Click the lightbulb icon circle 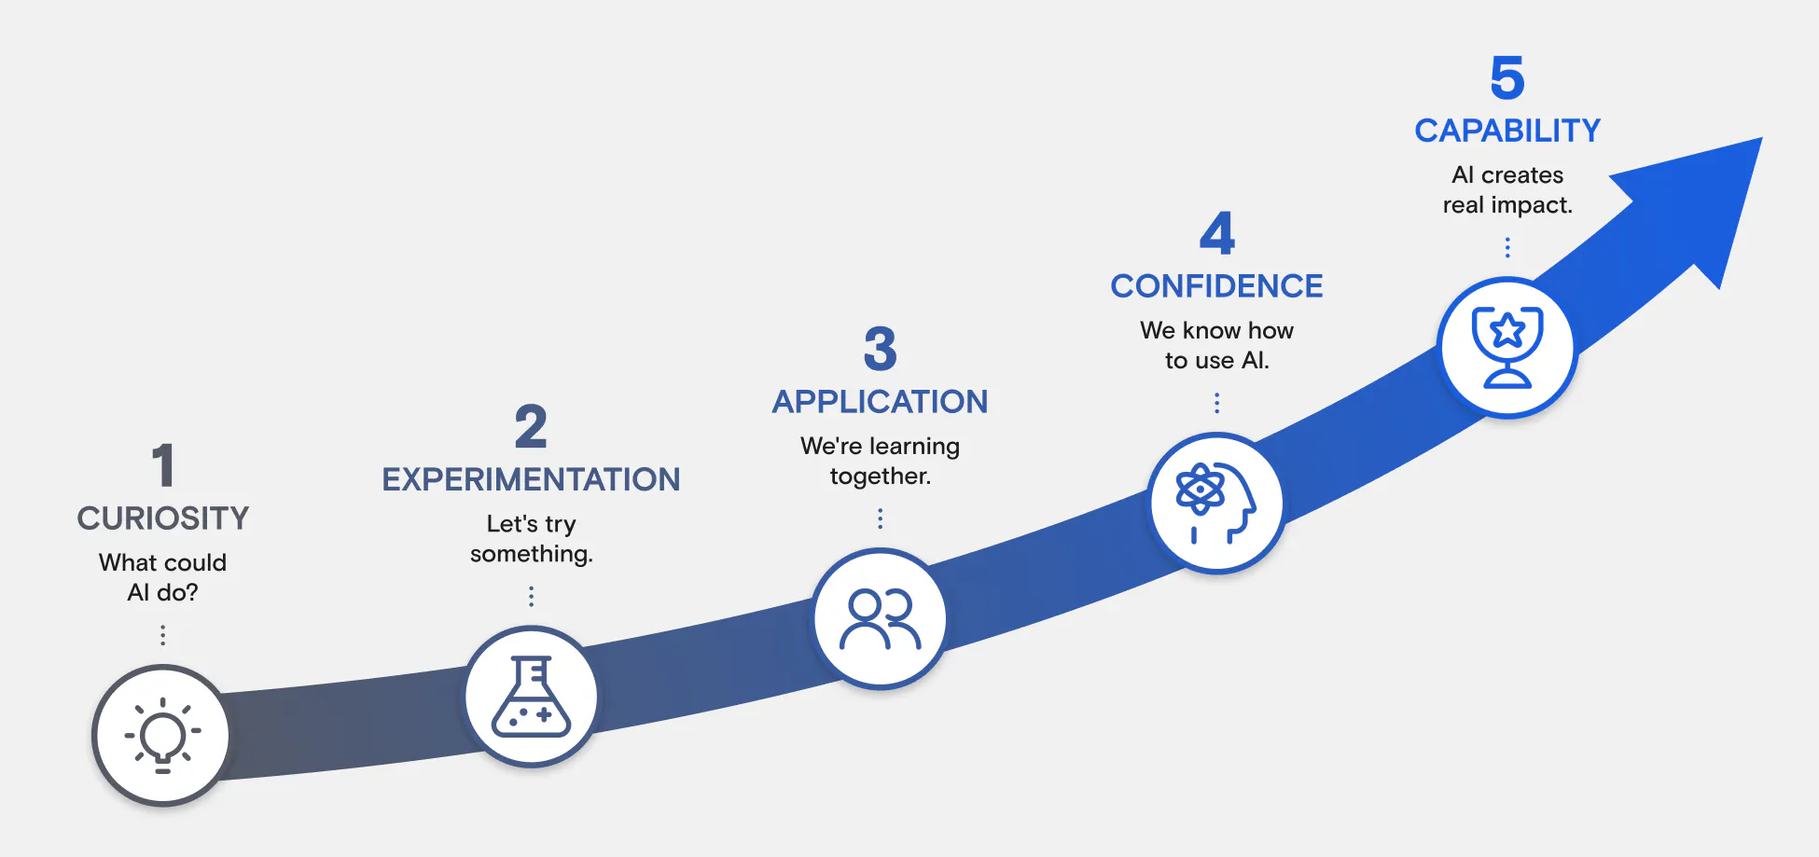pyautogui.click(x=162, y=735)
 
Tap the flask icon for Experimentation pyautogui.click(x=531, y=697)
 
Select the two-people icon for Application pyautogui.click(x=880, y=618)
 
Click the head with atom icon pyautogui.click(x=1215, y=503)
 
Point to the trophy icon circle pyautogui.click(x=1507, y=347)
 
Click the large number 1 pyautogui.click(x=163, y=465)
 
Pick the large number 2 pyautogui.click(x=531, y=426)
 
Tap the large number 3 pyautogui.click(x=880, y=349)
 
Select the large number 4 pyautogui.click(x=1216, y=233)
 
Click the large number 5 pyautogui.click(x=1507, y=77)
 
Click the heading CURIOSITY pyautogui.click(x=163, y=518)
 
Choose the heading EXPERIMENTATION pyautogui.click(x=531, y=479)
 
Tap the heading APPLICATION pyautogui.click(x=880, y=402)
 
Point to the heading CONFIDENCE pyautogui.click(x=1216, y=286)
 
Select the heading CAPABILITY pyautogui.click(x=1507, y=131)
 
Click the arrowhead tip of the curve pyautogui.click(x=1761, y=138)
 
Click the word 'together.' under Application pyautogui.click(x=881, y=477)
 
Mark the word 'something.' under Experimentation pyautogui.click(x=532, y=554)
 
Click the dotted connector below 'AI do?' pyautogui.click(x=163, y=635)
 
